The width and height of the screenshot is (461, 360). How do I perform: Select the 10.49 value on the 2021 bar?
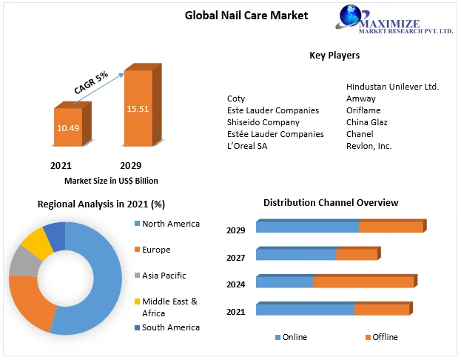68,127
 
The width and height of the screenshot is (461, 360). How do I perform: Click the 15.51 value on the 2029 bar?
138,109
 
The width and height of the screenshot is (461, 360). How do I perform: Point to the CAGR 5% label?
91,82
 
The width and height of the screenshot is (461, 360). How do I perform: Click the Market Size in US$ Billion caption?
111,181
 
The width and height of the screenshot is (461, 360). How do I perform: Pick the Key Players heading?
334,56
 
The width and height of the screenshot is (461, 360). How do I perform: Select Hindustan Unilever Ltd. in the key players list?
392,87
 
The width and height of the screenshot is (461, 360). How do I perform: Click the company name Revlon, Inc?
369,146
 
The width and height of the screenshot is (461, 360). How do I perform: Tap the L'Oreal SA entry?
247,146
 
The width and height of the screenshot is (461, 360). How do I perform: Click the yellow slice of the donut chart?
35,242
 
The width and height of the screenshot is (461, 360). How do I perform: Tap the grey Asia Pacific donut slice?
24,261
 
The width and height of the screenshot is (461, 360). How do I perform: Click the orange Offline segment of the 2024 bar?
363,281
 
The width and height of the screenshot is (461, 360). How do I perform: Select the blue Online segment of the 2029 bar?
307,227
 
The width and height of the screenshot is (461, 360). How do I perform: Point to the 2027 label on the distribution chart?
236,257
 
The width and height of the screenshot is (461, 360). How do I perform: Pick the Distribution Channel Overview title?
331,202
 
